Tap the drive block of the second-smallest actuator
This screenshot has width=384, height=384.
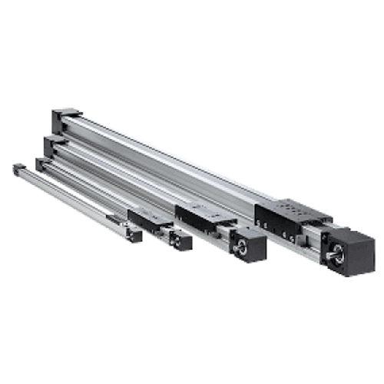click(x=180, y=240)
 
